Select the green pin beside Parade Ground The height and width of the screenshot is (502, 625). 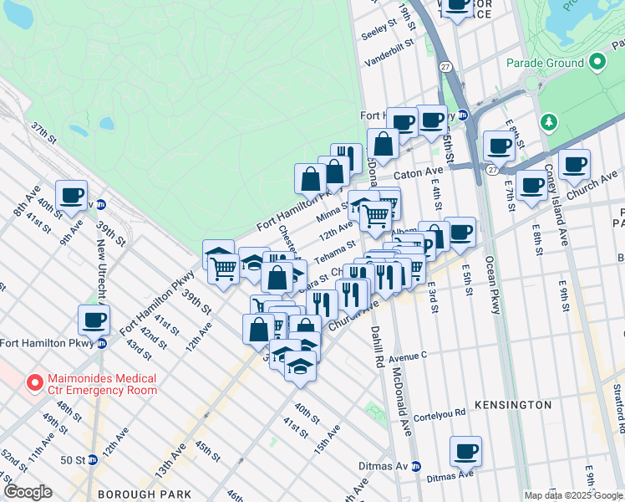597,63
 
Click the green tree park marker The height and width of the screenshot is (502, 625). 549,122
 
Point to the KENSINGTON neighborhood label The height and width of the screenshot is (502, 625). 514,405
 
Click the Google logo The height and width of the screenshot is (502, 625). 28,492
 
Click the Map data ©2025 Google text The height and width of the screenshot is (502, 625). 574,495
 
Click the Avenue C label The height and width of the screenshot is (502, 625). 407,355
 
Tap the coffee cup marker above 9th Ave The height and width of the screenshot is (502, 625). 72,196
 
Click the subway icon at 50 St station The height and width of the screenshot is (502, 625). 92,459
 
